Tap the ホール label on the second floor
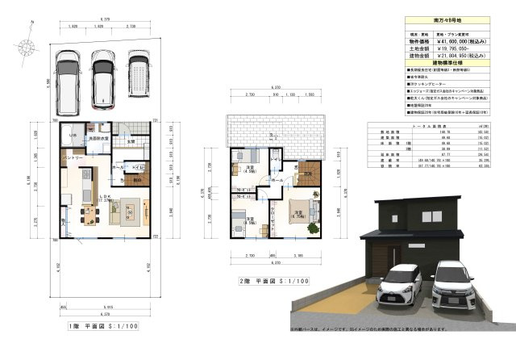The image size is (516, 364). coord(277,182)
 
